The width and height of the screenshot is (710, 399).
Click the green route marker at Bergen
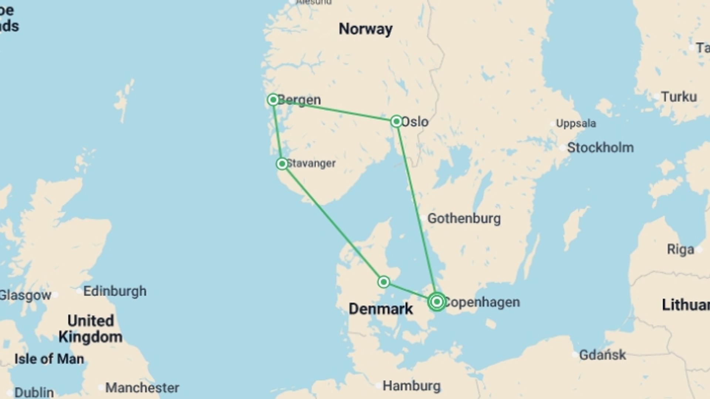click(273, 100)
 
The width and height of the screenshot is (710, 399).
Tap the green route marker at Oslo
click(396, 121)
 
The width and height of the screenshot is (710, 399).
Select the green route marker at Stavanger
click(282, 164)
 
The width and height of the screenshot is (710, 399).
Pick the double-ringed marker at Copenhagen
click(437, 302)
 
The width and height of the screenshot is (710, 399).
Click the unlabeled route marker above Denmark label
click(383, 282)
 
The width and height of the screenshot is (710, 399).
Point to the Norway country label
click(365, 29)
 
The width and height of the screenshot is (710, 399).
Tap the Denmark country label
click(381, 309)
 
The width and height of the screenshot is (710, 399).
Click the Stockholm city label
click(600, 148)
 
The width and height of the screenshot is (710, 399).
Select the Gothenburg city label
click(464, 218)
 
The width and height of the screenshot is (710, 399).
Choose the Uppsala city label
click(576, 123)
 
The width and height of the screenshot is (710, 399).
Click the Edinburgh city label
click(115, 291)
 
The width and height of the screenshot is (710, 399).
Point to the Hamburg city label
click(412, 386)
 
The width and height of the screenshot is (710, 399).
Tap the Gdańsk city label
click(602, 355)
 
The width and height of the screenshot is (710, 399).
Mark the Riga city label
click(680, 249)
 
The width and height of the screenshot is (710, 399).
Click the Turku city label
click(679, 97)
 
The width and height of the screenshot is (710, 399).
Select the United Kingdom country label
click(91, 329)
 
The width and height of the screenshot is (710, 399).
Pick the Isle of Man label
click(49, 359)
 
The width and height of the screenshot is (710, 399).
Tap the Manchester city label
click(142, 388)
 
